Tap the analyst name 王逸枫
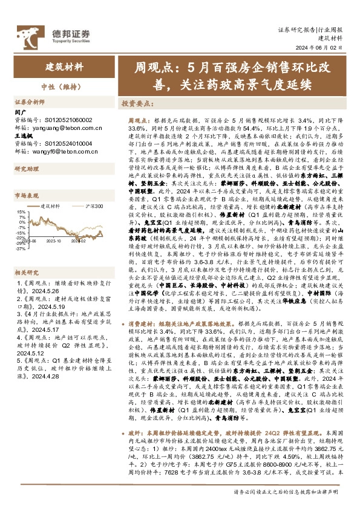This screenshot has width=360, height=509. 23,136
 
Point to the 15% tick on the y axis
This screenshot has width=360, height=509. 21,212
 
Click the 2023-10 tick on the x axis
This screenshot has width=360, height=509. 55,240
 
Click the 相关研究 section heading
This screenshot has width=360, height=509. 27,255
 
